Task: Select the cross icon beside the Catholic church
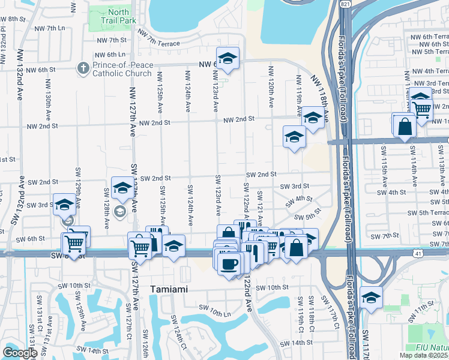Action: (83, 68)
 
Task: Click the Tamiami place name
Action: (169, 289)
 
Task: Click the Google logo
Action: (20, 353)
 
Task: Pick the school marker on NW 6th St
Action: (228, 58)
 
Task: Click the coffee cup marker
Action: (229, 265)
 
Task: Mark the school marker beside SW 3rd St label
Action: (64, 205)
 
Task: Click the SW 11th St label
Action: (423, 307)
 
